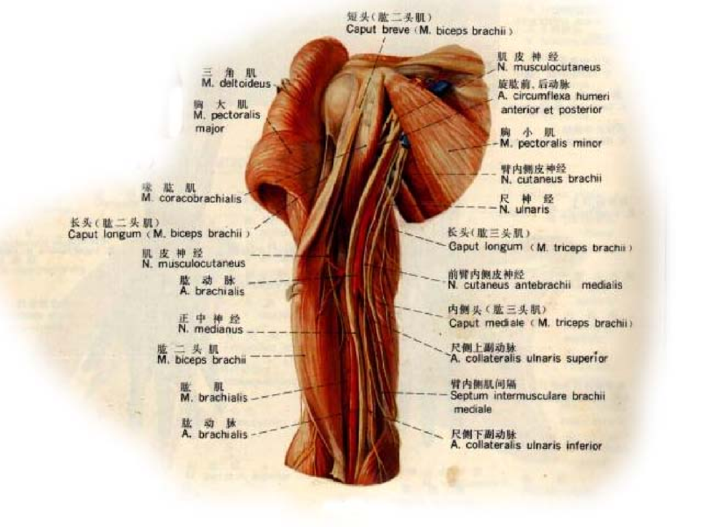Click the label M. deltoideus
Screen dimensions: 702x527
click(x=236, y=83)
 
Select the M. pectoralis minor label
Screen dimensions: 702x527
click(x=551, y=143)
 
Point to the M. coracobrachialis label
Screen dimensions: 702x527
click(x=191, y=198)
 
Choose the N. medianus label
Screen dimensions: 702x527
click(x=211, y=329)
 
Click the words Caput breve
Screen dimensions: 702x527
click(x=368, y=30)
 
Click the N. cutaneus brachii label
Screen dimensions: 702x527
click(x=550, y=178)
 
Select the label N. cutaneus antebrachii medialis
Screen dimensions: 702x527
click(x=535, y=285)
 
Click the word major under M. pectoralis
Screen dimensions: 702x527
click(x=210, y=129)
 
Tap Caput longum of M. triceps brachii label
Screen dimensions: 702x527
click(x=486, y=247)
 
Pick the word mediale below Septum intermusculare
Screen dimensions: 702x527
click(x=473, y=409)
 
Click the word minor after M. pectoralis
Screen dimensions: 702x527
click(x=587, y=143)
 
